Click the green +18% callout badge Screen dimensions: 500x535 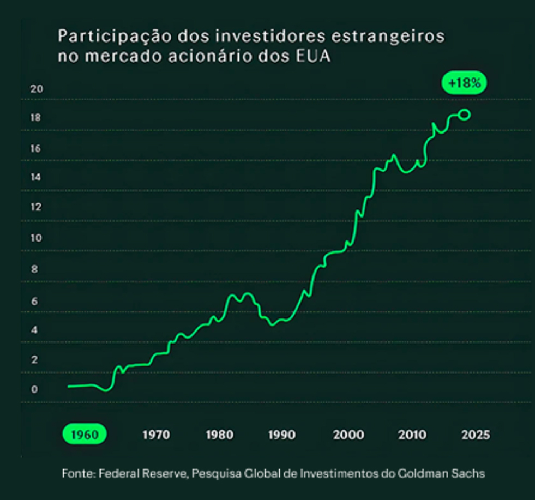coord(464,84)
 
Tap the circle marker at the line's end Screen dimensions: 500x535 coord(465,115)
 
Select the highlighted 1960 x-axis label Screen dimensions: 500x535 coord(85,435)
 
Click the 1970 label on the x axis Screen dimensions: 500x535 coord(156,435)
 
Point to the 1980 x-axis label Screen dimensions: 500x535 coord(220,435)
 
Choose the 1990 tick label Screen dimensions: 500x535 coord(282,435)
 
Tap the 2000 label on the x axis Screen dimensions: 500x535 coord(348,435)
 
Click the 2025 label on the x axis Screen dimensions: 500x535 coord(475,435)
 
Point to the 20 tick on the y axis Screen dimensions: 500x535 coord(36,89)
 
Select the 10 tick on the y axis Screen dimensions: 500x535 coord(36,238)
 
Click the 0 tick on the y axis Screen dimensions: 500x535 coord(35,389)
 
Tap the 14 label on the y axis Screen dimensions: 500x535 coord(36,178)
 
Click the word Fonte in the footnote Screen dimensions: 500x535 coord(77,473)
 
